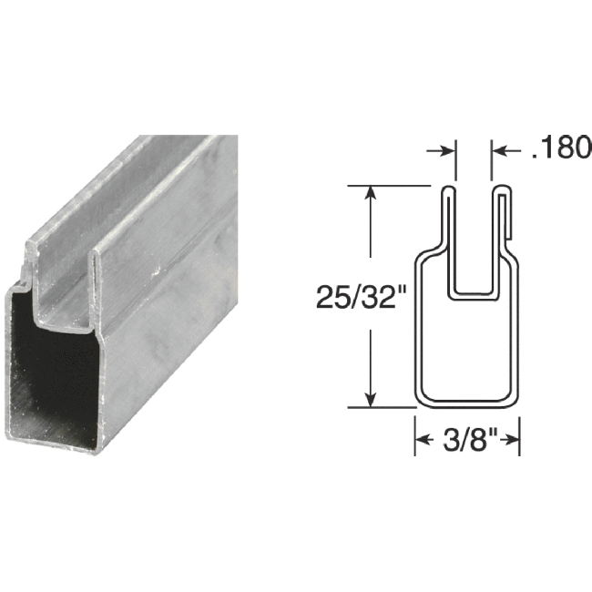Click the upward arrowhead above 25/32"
371,194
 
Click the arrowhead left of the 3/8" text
424,442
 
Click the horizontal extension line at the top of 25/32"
392,186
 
